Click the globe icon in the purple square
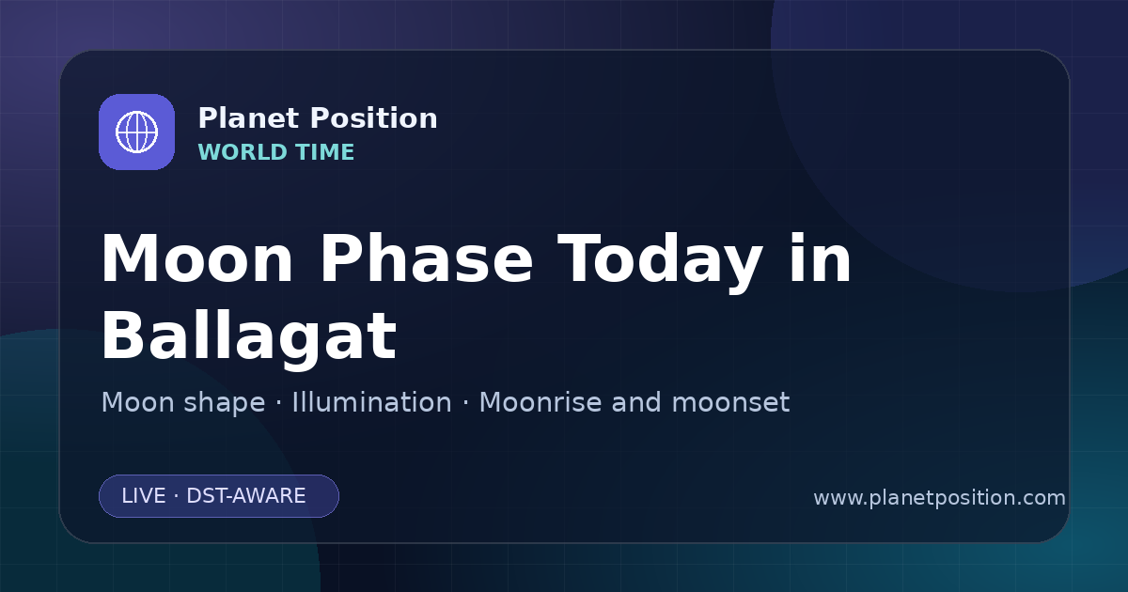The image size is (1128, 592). point(136,132)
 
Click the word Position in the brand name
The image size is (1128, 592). point(374,118)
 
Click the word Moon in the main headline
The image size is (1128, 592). point(196,259)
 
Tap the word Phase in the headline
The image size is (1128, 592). point(426,259)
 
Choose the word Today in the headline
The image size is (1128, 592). point(660,262)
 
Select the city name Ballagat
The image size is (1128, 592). point(249,338)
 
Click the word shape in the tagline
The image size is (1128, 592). point(224,404)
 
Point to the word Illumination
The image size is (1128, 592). point(371,402)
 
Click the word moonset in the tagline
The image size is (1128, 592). point(730,403)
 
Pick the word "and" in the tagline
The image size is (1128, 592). point(636,402)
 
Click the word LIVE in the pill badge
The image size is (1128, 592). point(144,496)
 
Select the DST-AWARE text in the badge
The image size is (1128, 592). point(245,496)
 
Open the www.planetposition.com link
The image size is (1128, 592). point(940,498)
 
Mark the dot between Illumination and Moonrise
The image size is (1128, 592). point(465,403)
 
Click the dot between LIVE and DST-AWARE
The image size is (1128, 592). point(176,496)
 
